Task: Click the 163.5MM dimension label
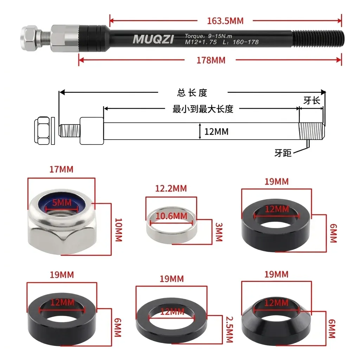point(225,21)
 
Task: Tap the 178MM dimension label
point(211,60)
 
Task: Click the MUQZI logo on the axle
point(153,39)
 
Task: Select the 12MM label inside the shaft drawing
point(216,132)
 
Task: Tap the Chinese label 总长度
point(192,93)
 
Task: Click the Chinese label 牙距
point(283,153)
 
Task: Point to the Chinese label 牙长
point(311,101)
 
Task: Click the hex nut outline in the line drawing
point(42,130)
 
